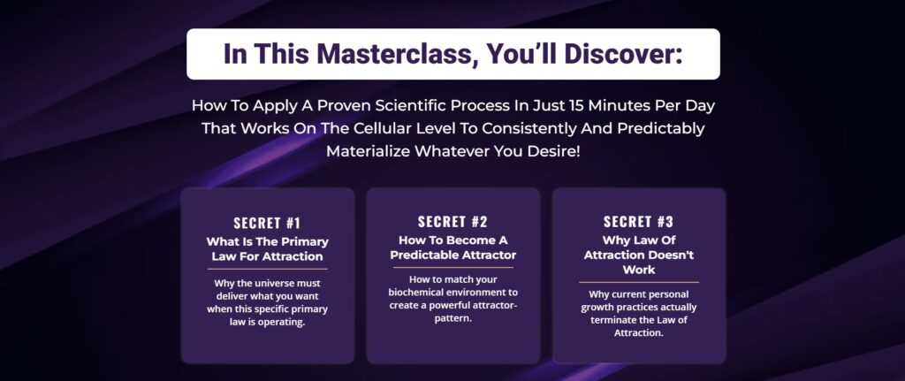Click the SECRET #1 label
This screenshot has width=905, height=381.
(267, 223)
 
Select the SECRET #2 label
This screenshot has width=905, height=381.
(453, 222)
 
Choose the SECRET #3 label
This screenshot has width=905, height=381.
(638, 222)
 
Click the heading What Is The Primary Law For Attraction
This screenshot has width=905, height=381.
(267, 248)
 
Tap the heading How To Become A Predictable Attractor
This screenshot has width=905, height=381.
(453, 247)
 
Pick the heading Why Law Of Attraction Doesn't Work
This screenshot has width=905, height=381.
(639, 255)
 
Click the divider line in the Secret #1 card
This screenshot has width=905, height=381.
(267, 269)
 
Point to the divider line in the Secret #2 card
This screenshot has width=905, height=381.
(453, 267)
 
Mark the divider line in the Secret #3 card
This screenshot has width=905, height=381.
(639, 282)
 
